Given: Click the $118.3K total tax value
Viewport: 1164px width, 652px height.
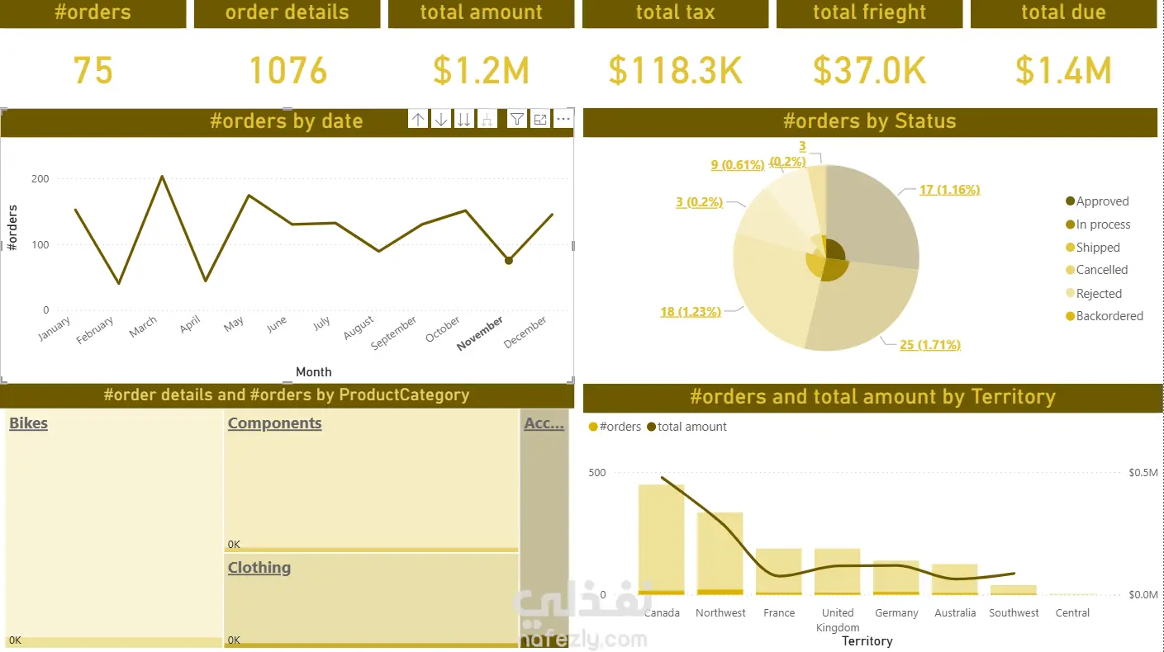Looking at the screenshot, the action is click(676, 71).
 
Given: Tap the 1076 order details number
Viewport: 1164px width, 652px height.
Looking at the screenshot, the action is click(287, 71).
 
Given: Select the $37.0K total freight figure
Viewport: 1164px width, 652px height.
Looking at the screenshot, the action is click(869, 71).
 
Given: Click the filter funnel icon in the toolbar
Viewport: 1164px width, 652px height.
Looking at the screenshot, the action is click(516, 120).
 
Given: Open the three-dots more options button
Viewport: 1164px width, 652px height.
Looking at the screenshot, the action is click(563, 120).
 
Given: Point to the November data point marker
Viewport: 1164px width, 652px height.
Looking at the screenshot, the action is click(509, 261).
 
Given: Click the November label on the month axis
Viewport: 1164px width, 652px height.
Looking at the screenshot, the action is click(480, 333).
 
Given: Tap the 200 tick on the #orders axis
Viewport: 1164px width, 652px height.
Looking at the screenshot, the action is click(40, 179).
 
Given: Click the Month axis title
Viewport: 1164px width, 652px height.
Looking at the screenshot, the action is click(313, 371).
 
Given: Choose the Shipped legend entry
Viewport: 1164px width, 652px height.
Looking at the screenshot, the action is click(1092, 247).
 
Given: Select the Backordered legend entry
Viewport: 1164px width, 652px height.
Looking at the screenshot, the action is click(1105, 315).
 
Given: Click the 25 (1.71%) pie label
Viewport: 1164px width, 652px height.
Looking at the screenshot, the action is click(930, 345).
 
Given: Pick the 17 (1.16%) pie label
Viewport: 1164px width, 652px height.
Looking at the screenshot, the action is click(949, 190).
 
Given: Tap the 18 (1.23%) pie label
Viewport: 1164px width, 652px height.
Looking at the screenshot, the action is click(691, 311).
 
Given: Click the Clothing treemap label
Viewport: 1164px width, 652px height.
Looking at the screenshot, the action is click(259, 567).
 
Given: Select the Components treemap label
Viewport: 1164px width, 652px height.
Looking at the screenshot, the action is click(274, 423).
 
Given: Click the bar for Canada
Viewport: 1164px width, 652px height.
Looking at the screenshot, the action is click(662, 540).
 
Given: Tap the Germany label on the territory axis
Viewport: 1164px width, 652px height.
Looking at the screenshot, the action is click(896, 612).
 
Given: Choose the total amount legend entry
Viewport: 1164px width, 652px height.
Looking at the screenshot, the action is click(687, 427).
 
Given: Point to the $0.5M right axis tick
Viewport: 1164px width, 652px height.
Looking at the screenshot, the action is click(1143, 472).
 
